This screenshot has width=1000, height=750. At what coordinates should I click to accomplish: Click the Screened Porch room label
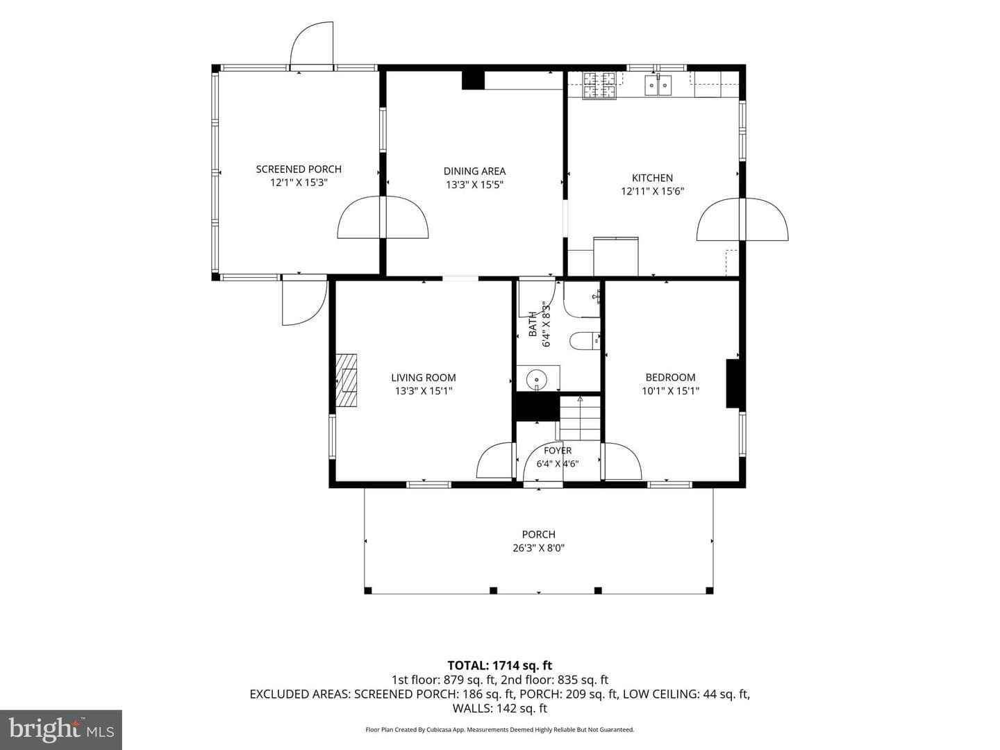tap(299, 169)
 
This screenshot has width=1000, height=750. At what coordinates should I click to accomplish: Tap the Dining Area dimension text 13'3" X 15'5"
tap(474, 185)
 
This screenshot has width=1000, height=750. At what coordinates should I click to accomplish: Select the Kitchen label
tap(652, 178)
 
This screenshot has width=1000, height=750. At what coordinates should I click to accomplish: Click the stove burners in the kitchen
tap(599, 85)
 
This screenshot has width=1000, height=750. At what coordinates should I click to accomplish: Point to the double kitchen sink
tap(658, 85)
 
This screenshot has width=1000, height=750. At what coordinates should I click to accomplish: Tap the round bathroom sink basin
tap(537, 378)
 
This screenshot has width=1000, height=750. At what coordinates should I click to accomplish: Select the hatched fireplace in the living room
tap(347, 380)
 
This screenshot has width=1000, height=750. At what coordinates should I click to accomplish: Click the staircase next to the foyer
tap(580, 418)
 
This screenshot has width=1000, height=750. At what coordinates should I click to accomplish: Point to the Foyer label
tap(557, 451)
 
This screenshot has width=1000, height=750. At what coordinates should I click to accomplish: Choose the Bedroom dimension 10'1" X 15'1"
tap(670, 391)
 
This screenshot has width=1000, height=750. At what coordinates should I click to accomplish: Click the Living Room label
tap(423, 378)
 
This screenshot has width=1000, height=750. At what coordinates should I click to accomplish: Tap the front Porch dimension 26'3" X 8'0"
tap(538, 548)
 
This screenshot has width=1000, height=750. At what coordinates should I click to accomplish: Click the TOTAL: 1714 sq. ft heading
tap(500, 665)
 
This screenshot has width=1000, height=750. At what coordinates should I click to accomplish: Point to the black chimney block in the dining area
tap(473, 80)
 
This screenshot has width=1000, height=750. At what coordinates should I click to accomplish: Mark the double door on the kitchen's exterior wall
tap(742, 219)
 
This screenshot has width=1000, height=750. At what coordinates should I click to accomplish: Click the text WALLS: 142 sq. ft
tap(500, 708)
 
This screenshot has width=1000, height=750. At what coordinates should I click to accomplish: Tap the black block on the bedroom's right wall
tap(732, 383)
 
